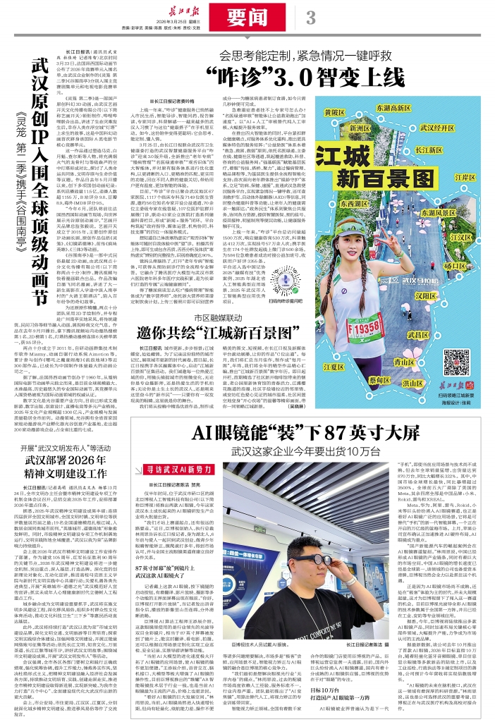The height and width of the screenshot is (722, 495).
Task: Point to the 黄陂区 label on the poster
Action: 334,111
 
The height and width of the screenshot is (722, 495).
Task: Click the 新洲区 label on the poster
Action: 360,129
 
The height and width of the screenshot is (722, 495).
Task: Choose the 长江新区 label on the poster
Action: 429,150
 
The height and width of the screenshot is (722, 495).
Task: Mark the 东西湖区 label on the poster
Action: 353,204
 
